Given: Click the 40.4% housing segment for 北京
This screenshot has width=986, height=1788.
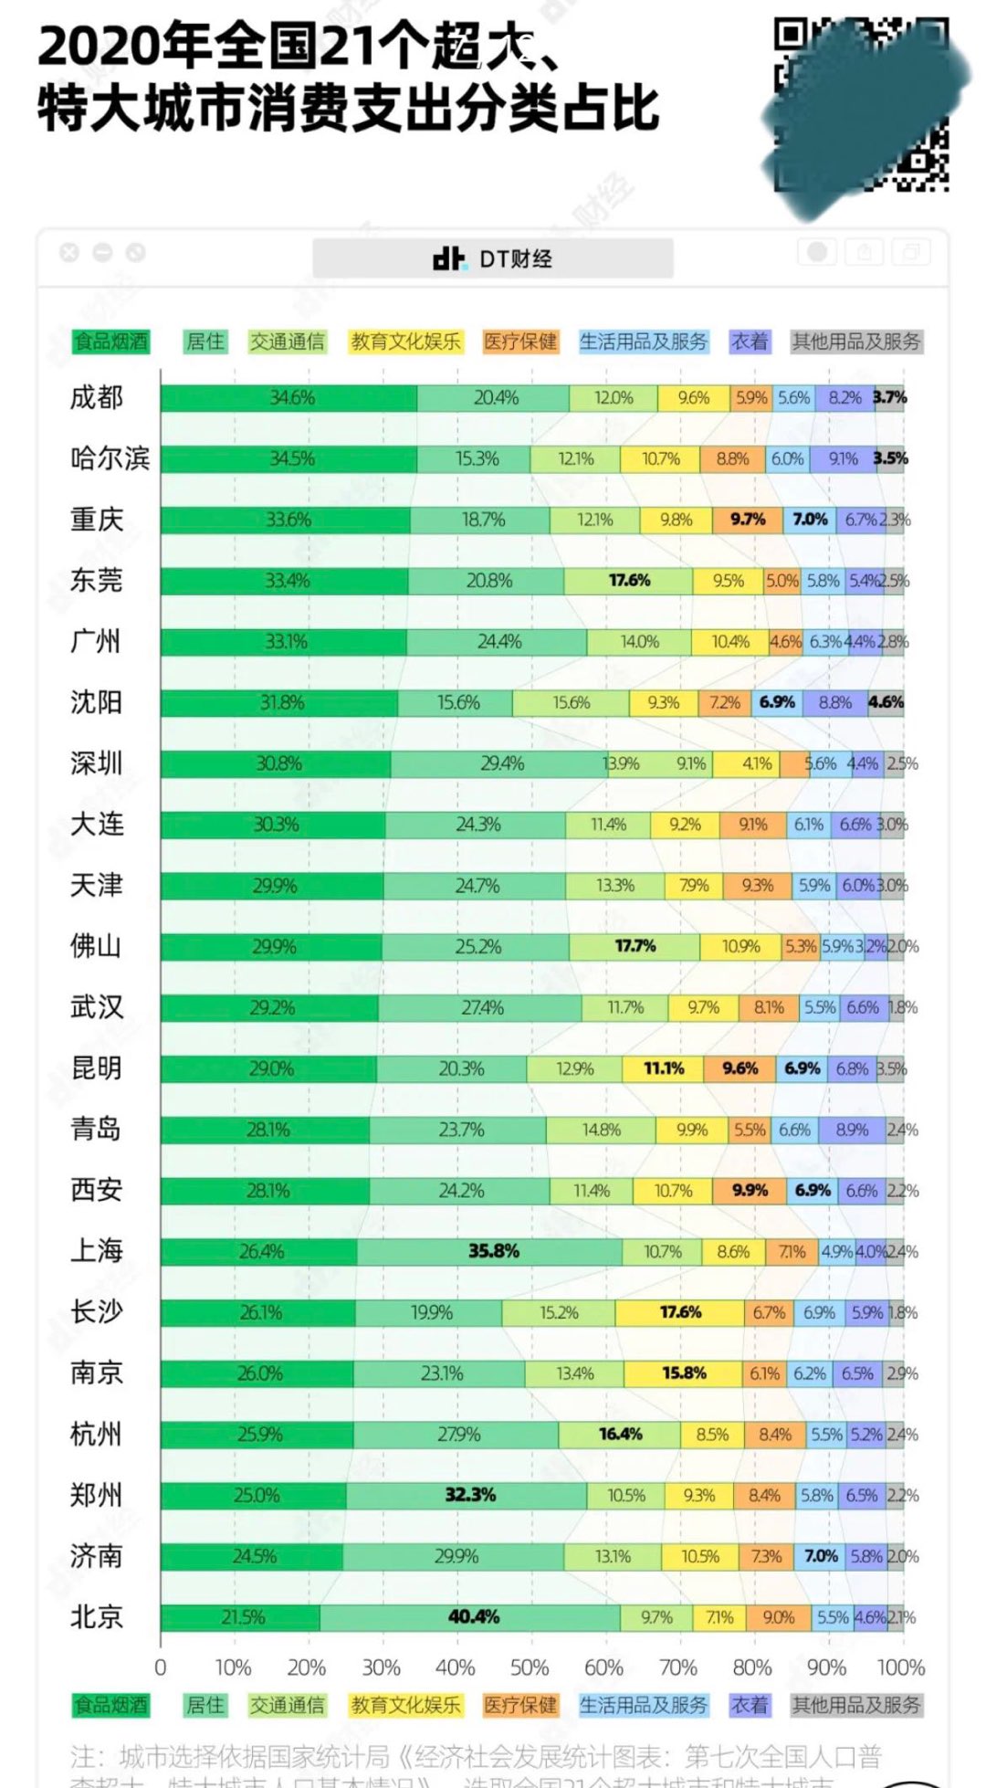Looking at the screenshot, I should (x=473, y=1617).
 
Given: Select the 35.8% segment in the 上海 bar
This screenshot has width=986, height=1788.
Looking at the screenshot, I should (x=493, y=1251).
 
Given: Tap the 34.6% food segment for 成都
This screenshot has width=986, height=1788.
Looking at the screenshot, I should (x=291, y=398).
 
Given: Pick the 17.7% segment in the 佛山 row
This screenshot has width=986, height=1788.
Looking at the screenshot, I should (x=635, y=946).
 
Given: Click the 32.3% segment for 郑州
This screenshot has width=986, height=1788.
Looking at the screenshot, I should (x=470, y=1495).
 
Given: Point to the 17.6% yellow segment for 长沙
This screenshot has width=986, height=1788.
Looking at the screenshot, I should (x=680, y=1312).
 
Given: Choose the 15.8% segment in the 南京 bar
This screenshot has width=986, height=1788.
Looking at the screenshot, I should (x=684, y=1373).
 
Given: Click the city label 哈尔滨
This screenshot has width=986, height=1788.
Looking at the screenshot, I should (x=110, y=458).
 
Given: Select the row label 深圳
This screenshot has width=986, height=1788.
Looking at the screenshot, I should (x=96, y=763).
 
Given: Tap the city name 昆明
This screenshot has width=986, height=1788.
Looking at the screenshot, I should (x=96, y=1068).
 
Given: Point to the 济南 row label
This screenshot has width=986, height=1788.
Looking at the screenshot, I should (x=96, y=1556).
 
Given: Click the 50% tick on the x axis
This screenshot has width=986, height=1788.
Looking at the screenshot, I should (x=529, y=1667).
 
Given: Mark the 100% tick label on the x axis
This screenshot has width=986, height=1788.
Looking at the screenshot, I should (x=900, y=1667).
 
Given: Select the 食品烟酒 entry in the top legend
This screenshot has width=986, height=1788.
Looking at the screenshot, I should (x=110, y=342).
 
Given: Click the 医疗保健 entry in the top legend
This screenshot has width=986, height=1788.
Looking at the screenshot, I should (x=520, y=342).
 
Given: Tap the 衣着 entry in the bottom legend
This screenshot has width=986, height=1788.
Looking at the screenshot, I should (x=750, y=1705).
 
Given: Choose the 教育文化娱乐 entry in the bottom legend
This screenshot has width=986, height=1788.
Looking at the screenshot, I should (x=405, y=1705).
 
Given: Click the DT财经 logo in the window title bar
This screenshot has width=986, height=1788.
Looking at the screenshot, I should (x=493, y=259).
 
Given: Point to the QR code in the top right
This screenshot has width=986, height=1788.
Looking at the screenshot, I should (x=861, y=105).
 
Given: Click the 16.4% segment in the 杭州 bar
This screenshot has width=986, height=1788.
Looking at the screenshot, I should (x=620, y=1435).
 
